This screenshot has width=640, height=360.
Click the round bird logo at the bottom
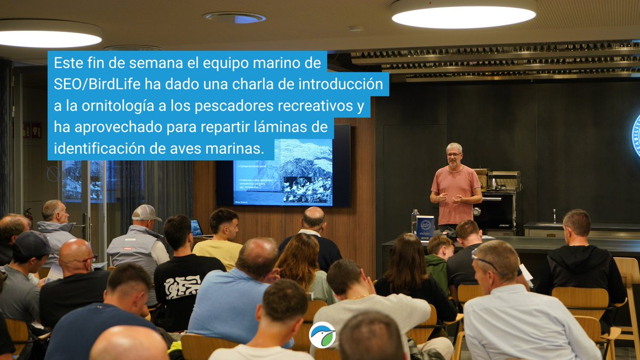point(322,334)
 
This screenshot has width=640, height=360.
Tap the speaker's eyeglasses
point(454,155)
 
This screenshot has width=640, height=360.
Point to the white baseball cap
point(145,213)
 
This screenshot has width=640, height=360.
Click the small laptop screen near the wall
point(196,228)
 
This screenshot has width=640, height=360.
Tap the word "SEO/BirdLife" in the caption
point(87,84)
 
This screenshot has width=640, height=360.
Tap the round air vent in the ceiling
point(235,17)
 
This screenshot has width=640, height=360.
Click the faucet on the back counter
point(555,215)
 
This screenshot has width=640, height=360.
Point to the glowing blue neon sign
point(636,136)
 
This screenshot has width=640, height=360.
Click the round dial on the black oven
point(477,211)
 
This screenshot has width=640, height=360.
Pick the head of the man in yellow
point(224,224)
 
